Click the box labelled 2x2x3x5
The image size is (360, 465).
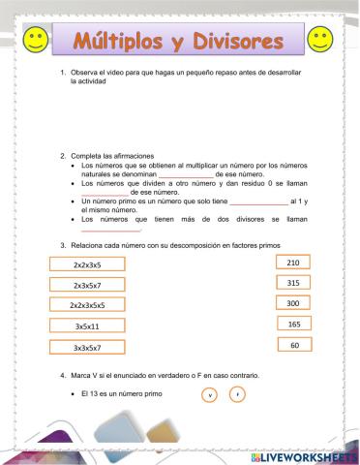click(93, 264)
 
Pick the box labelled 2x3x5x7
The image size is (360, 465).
click(93, 286)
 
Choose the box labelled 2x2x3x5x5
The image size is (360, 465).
click(93, 306)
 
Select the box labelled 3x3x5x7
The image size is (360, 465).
click(93, 347)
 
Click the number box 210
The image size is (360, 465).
click(294, 263)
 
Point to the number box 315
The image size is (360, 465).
click(294, 283)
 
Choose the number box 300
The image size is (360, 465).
click(294, 303)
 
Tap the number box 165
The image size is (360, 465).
click(294, 325)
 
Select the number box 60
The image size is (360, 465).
click(294, 345)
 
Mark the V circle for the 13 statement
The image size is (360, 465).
click(210, 394)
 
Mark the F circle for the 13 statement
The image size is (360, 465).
click(237, 394)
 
